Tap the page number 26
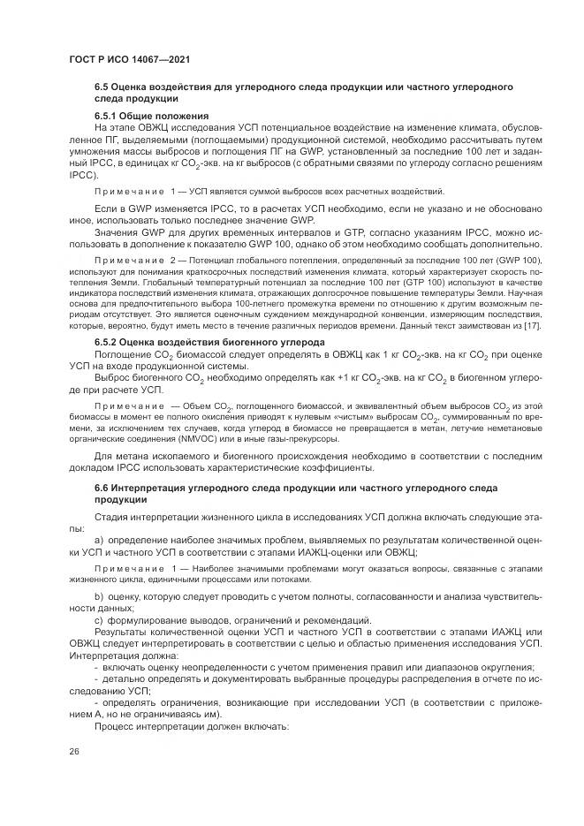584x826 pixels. pyautogui.click(x=73, y=751)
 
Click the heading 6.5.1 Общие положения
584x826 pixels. pyautogui.click(x=151, y=117)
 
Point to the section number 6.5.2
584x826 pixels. pyautogui.click(x=109, y=342)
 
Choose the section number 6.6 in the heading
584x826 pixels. pyautogui.click(x=103, y=488)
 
